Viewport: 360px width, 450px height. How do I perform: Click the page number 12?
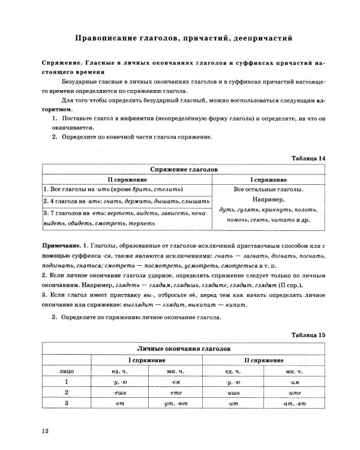[44, 430]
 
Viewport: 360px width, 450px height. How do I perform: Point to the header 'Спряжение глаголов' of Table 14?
[184, 170]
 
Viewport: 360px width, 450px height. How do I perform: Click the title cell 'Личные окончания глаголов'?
[184, 349]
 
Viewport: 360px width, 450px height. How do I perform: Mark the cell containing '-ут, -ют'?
[176, 403]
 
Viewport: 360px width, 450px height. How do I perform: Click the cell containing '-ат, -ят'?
[294, 403]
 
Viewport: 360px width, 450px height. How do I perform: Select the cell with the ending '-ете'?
[176, 392]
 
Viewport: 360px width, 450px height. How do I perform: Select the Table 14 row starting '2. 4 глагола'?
[127, 201]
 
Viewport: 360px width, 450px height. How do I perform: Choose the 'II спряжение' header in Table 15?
[263, 359]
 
